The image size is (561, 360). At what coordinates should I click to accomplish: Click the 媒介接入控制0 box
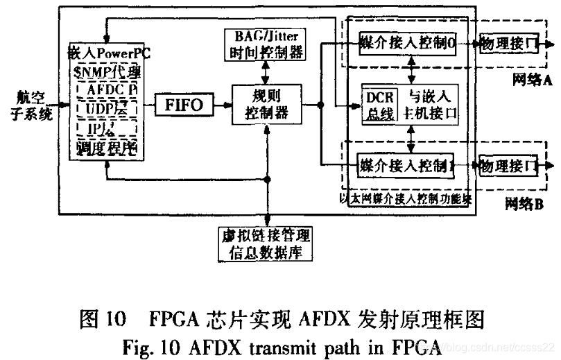tap(405, 44)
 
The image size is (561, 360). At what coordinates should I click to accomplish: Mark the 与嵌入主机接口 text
tap(431, 105)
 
